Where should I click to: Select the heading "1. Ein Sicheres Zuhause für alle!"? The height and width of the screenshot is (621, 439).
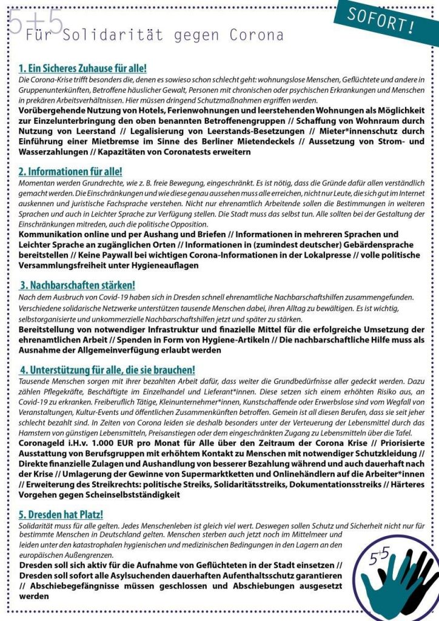(x=82, y=69)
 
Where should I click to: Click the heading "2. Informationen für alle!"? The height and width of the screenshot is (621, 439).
(x=70, y=172)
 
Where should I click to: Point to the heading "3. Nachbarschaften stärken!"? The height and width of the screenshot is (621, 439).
(x=78, y=285)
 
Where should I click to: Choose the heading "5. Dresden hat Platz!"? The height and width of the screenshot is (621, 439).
(x=61, y=514)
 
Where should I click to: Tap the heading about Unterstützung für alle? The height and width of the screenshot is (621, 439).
(x=107, y=369)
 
